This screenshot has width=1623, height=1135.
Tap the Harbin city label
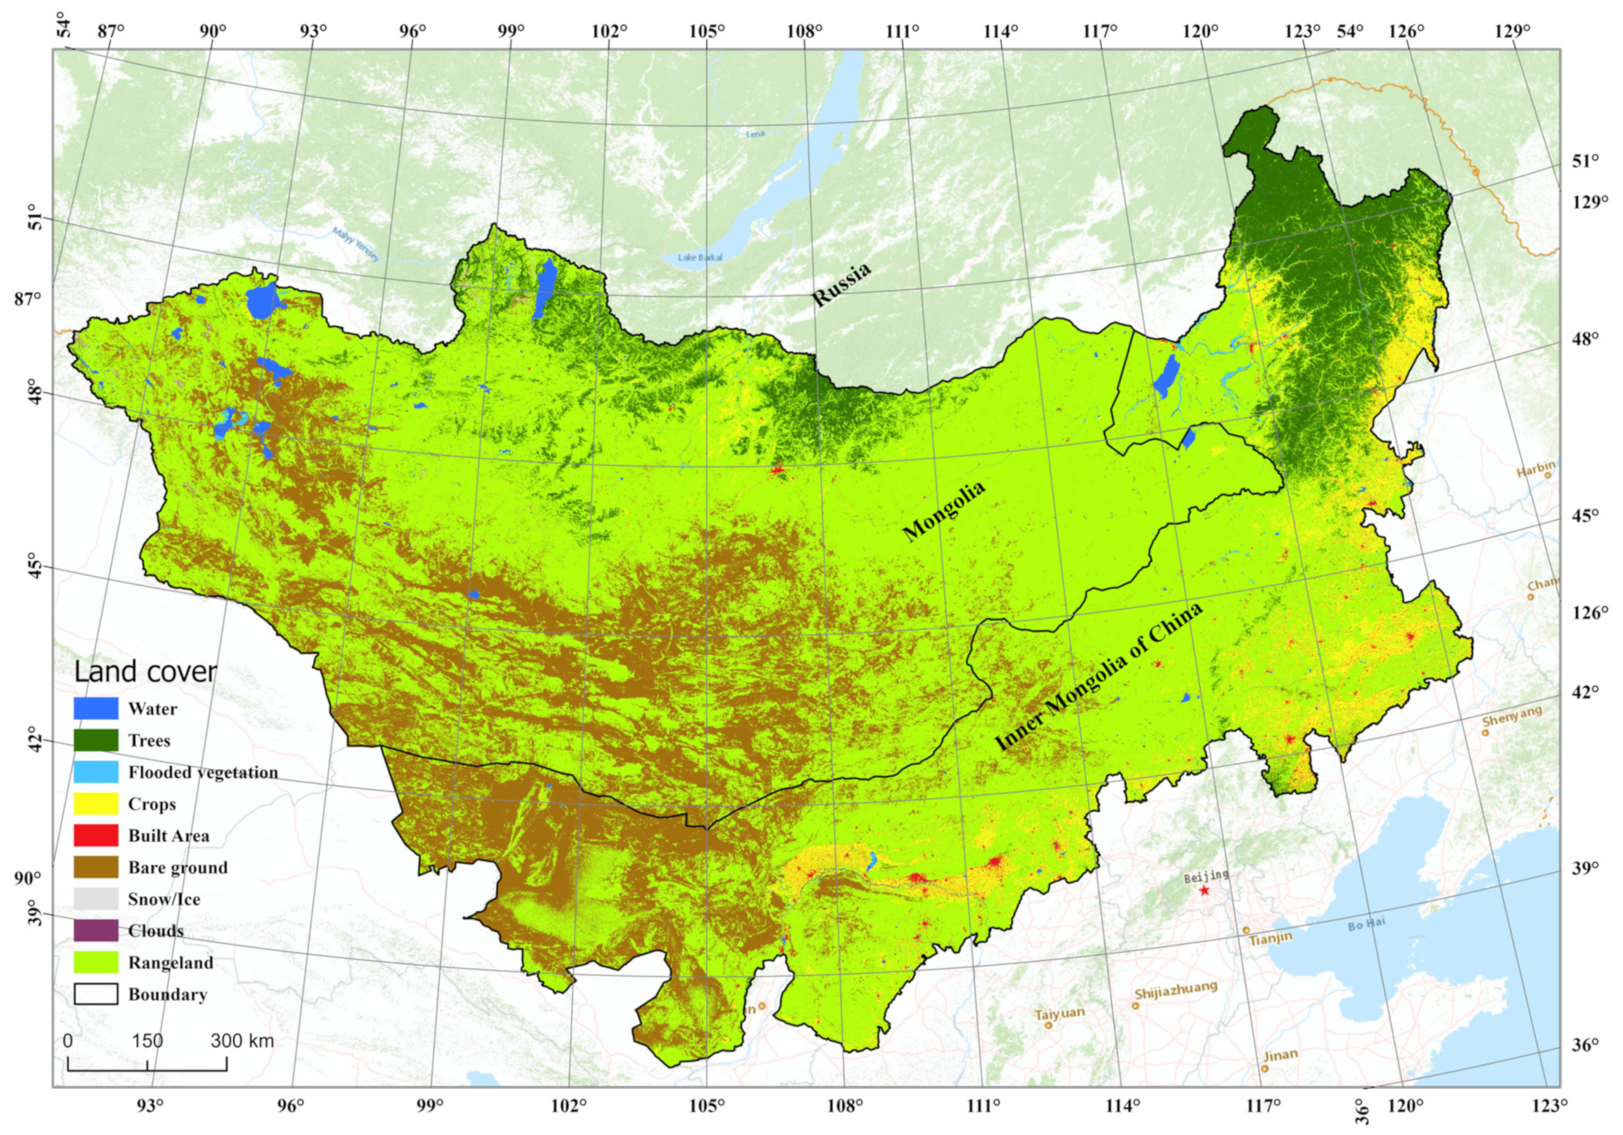point(1535,467)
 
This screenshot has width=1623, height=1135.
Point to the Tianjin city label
point(1270,939)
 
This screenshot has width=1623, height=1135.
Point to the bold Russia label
point(841,285)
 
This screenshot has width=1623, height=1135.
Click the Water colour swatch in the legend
point(95,709)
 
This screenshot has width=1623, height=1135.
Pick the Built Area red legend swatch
point(95,835)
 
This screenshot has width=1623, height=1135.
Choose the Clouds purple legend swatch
point(95,930)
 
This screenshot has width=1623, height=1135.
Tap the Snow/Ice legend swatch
point(95,899)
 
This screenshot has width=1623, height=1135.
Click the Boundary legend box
point(95,994)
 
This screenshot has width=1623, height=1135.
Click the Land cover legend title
point(145,672)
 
